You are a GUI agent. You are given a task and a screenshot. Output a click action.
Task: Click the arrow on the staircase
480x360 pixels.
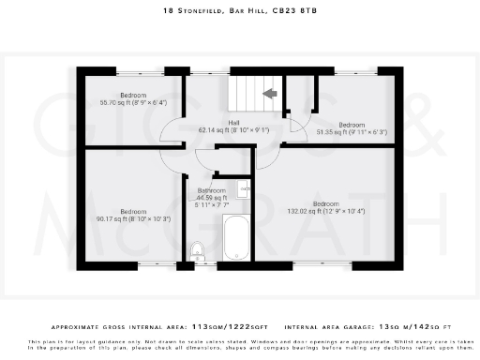(269, 93)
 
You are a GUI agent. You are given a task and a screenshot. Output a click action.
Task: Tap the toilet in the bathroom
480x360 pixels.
(197, 250)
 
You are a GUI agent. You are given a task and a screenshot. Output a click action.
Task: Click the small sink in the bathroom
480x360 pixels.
(244, 188)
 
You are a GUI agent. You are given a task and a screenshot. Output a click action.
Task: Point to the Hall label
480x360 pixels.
(233, 123)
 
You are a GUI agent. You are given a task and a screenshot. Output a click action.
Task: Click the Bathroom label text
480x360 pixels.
(212, 191)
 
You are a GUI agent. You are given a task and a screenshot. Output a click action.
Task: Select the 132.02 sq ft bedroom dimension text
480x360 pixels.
(325, 211)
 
